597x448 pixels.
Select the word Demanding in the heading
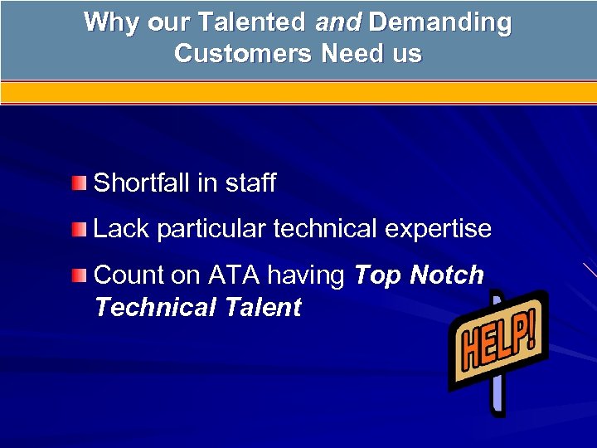439,22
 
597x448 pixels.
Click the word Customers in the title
244,54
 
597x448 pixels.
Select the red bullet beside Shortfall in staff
78,183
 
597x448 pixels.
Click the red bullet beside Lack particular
78,229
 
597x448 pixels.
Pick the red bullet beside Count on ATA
78,275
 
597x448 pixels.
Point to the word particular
211,230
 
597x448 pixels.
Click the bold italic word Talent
263,308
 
